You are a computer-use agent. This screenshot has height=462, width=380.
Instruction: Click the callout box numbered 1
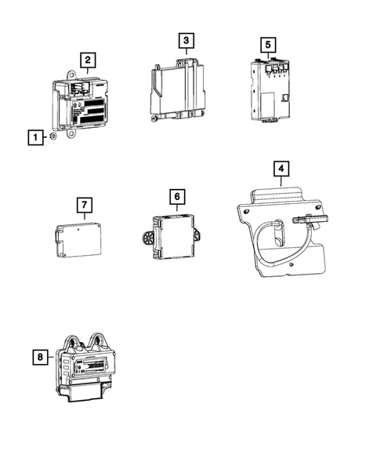[x=34, y=138]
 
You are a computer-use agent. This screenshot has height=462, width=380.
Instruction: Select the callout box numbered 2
[x=88, y=59]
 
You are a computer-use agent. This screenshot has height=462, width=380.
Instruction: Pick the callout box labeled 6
[x=177, y=195]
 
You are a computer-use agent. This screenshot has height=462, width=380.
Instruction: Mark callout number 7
[x=85, y=206]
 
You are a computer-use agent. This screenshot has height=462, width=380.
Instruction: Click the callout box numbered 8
[x=38, y=358]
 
